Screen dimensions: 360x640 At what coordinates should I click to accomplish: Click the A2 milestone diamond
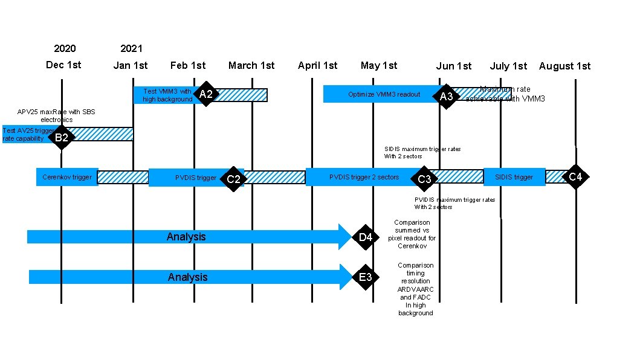click(206, 94)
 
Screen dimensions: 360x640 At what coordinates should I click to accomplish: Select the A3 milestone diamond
click(447, 97)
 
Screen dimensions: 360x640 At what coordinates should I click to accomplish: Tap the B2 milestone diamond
click(62, 138)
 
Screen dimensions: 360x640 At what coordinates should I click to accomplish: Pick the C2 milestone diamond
click(233, 179)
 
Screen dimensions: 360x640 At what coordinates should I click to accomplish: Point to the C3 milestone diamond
click(425, 179)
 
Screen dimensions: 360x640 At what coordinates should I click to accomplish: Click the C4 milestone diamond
click(576, 176)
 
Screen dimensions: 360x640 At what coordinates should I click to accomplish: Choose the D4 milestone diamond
click(366, 237)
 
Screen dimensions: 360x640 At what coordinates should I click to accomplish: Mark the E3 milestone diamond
click(366, 277)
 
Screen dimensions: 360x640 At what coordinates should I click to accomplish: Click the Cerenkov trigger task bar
click(67, 177)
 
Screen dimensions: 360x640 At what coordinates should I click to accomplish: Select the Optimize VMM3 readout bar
click(384, 94)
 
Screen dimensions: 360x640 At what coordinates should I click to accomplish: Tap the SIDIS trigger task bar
click(514, 177)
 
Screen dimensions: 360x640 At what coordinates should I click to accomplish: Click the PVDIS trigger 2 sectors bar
click(364, 177)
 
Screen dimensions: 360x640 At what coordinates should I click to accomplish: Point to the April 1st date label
click(317, 65)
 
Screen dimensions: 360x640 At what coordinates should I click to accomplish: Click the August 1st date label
click(564, 66)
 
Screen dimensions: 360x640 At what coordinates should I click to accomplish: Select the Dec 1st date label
click(63, 65)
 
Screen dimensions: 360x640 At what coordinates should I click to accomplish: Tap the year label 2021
click(131, 48)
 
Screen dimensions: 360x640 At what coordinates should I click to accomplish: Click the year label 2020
click(65, 48)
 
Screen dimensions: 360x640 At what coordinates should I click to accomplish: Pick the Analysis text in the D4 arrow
click(186, 237)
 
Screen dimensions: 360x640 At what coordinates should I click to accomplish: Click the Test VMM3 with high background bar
click(167, 95)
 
